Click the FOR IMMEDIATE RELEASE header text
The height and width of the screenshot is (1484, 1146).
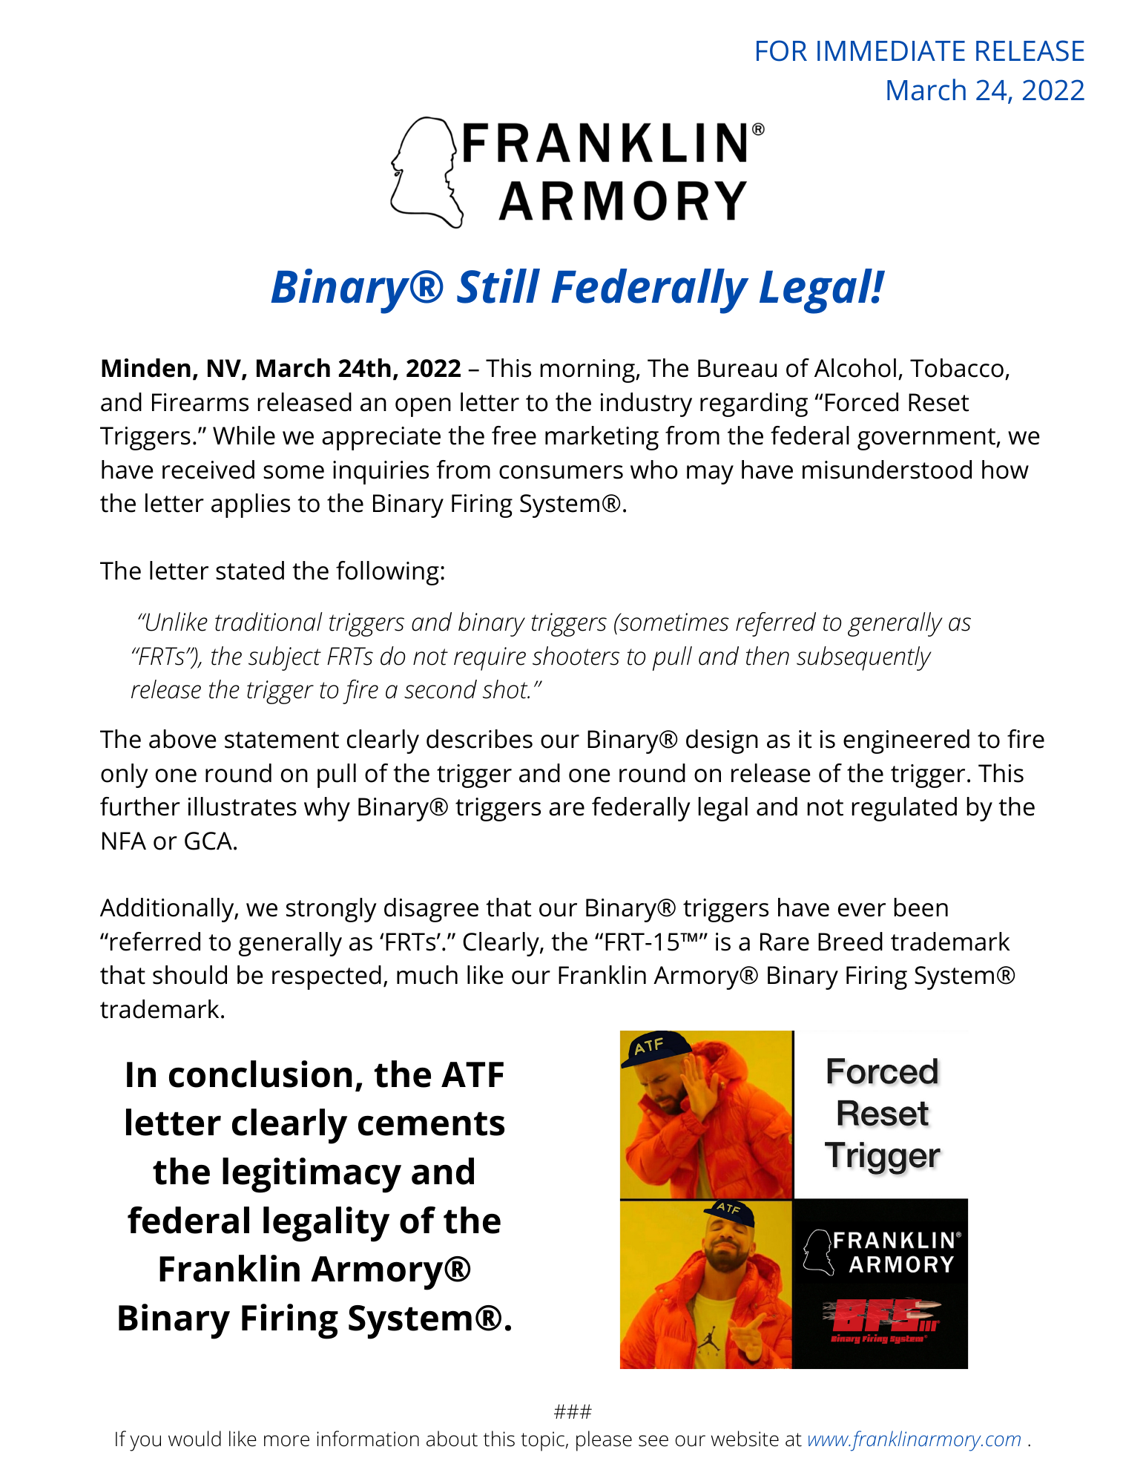[918, 51]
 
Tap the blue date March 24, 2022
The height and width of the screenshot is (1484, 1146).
[984, 91]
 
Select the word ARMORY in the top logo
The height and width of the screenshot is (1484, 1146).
[623, 202]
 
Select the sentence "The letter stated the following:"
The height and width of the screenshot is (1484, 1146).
[272, 571]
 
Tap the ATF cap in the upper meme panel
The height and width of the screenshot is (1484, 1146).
[653, 1048]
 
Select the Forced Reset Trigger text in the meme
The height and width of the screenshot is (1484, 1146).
[881, 1113]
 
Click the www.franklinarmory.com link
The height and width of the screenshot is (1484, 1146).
[914, 1439]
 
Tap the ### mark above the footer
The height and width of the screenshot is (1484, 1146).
[573, 1411]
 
